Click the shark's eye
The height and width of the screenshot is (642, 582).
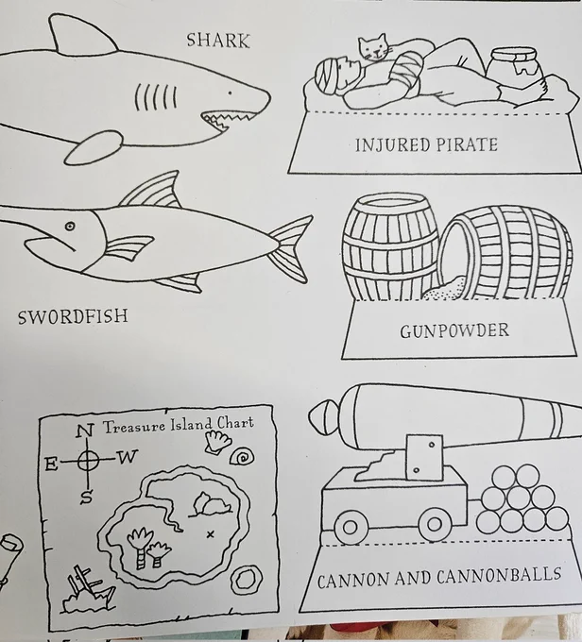230,93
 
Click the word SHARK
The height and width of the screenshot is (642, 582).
218,40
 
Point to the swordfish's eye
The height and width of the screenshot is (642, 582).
70,226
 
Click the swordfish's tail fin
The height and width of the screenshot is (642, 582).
290,247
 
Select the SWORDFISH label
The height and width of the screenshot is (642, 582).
73,316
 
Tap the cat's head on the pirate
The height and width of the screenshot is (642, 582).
373,47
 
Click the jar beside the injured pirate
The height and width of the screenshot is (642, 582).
515,65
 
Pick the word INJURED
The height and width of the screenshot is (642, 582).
392,145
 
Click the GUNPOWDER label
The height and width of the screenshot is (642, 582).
454,330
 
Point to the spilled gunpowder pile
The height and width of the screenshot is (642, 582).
445,288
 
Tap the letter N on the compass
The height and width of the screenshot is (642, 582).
85,431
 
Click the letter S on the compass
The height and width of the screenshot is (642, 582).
86,497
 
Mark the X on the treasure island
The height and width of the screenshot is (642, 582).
211,534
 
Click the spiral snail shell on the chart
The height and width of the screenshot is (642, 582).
242,457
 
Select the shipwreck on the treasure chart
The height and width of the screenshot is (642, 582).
88,589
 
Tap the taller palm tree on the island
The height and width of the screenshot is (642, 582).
141,547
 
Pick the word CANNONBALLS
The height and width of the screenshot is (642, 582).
499,576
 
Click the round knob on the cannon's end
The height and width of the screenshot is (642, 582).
324,416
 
